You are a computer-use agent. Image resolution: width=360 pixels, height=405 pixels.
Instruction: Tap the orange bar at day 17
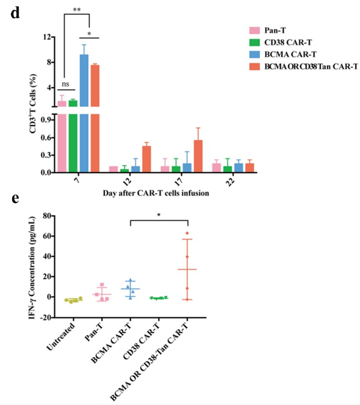point(198,156)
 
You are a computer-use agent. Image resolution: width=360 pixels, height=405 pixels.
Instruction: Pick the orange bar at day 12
point(146,159)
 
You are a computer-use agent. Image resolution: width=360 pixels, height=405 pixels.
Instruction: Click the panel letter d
point(15,13)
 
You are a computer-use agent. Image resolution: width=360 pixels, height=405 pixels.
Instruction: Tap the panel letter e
point(14,199)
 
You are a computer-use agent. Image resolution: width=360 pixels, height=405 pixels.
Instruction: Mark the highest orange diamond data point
point(187,233)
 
